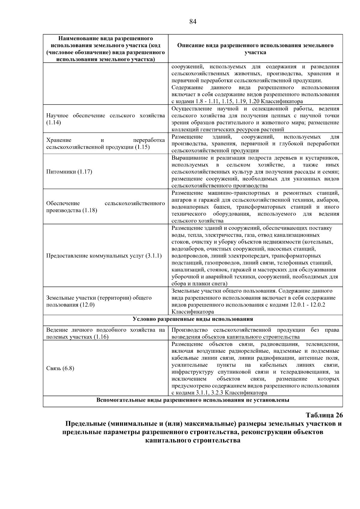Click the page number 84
click(193, 22)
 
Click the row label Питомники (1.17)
click(69, 172)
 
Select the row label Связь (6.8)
click(60, 368)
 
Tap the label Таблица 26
click(324, 415)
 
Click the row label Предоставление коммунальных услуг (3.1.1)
click(104, 256)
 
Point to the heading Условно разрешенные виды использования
click(193, 319)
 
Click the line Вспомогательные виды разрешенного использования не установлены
click(193, 400)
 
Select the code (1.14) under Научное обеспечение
click(54, 123)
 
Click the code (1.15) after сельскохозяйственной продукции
click(142, 147)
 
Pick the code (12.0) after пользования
click(87, 305)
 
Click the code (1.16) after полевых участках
click(101, 337)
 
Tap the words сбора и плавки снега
click(199, 284)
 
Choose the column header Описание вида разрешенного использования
click(255, 49)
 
